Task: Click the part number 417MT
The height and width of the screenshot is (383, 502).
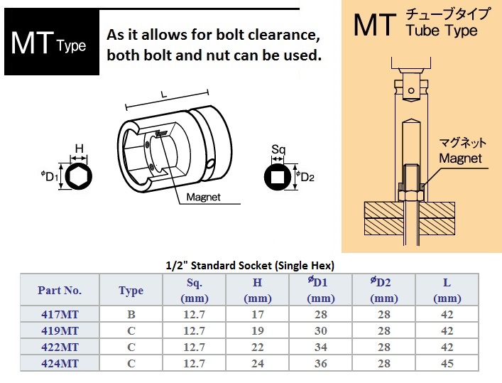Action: pos(60,314)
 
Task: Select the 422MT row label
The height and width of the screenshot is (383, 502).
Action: pos(60,347)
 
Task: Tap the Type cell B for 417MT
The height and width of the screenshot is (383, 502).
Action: pos(131,314)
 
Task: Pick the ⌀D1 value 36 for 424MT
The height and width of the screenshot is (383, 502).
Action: pos(320,363)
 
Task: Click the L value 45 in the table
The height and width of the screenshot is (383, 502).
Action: pos(447,363)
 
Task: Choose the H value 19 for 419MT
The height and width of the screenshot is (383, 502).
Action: pos(258,330)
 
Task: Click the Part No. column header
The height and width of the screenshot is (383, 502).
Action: pos(60,291)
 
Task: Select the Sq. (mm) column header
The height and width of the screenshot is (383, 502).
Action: pos(195,291)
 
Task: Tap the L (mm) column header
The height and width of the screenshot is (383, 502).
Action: pos(447,291)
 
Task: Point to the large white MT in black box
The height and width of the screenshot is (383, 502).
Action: pos(32,43)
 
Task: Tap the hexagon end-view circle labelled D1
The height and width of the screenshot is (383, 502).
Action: pos(78,176)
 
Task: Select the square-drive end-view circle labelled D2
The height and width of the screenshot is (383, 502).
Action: pos(278,177)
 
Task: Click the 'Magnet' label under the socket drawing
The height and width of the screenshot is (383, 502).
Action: pos(203,197)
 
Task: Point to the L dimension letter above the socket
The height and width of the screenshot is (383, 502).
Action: pos(164,95)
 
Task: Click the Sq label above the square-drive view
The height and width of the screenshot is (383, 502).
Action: pos(278,150)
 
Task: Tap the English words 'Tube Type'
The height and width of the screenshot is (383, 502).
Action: pos(442,31)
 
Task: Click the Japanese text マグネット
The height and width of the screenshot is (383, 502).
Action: pos(462,143)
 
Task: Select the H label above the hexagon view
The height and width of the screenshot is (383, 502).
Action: pos(79,149)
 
